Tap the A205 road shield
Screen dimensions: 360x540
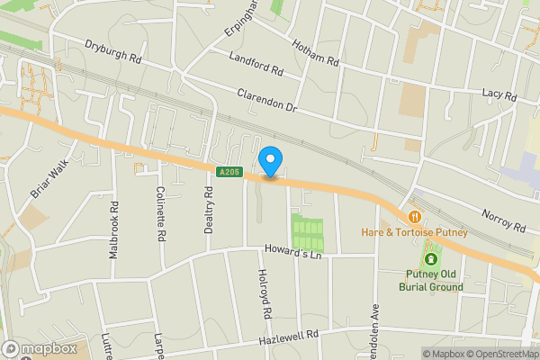229,170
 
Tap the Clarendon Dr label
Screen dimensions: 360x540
266,99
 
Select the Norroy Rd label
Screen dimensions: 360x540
502,220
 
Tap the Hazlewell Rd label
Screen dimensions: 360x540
289,335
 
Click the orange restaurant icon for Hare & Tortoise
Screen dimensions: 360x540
414,216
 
